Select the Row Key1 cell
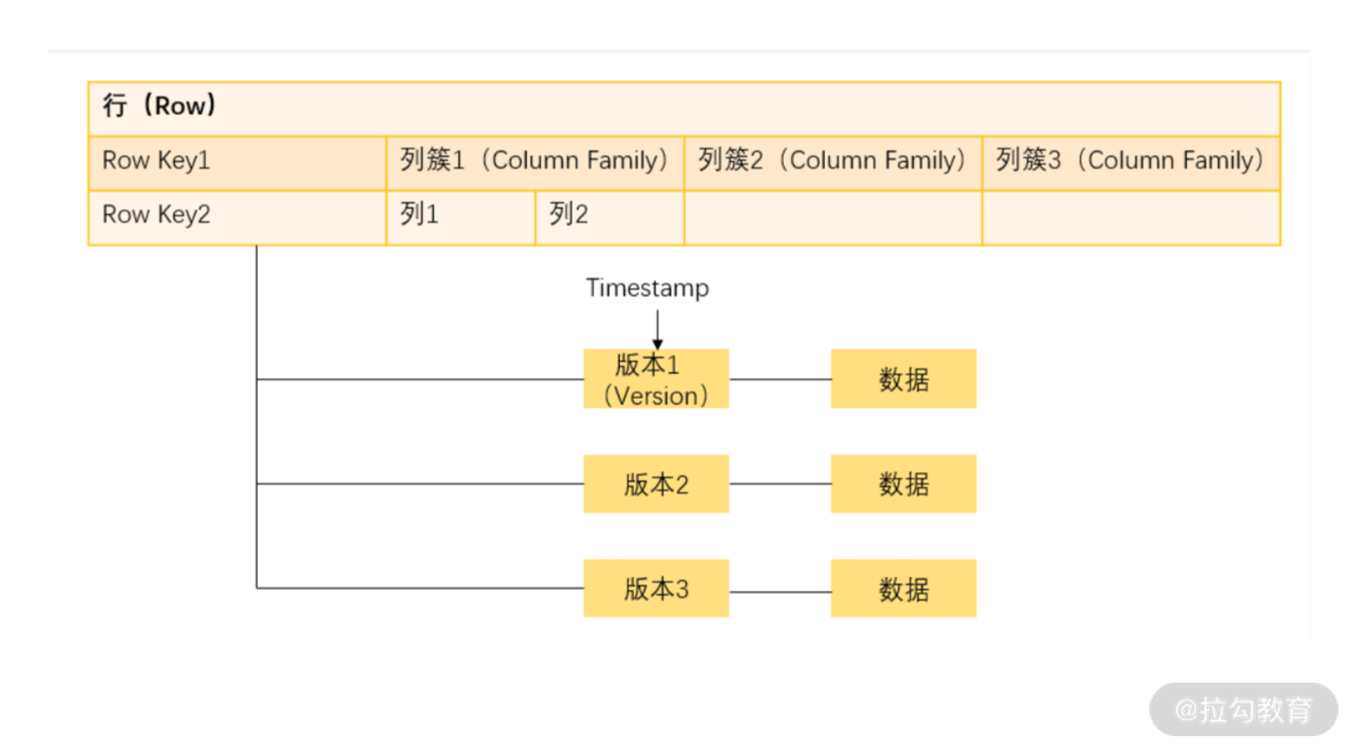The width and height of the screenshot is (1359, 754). point(237,163)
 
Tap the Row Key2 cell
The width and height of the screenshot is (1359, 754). point(237,218)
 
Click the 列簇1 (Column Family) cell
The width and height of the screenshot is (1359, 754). point(535,163)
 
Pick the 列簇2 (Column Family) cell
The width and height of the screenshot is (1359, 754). point(833,163)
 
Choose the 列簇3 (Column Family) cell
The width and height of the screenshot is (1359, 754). point(1131,163)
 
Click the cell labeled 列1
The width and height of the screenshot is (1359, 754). point(460,218)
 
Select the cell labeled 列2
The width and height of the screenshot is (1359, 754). point(609,218)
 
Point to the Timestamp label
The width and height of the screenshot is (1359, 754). point(647,288)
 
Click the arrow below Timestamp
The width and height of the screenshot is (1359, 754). point(657,329)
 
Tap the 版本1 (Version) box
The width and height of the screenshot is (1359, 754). point(656,379)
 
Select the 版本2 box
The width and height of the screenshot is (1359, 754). point(656,485)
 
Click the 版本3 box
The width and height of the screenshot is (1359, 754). point(656,589)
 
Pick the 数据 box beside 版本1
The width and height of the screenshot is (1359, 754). point(903,379)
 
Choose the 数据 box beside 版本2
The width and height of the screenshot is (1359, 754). point(903,485)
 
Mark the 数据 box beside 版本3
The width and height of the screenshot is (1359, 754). point(903,589)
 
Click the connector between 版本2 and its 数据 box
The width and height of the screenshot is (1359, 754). point(779,485)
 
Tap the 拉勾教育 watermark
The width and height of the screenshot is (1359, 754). point(1243,710)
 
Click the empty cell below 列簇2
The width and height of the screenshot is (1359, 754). point(833,218)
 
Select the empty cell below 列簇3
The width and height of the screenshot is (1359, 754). point(1131,218)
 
